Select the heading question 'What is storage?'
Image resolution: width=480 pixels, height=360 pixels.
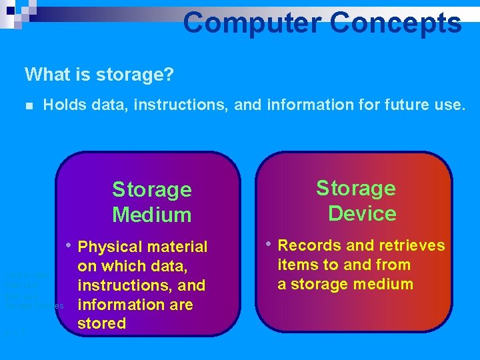pyautogui.click(x=99, y=74)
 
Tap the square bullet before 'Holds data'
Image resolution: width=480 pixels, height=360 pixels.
pyautogui.click(x=28, y=105)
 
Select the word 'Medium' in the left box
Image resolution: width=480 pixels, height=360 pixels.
pyautogui.click(x=152, y=215)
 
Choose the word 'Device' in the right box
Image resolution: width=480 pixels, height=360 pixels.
pyautogui.click(x=362, y=213)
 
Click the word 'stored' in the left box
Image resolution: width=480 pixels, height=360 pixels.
pyautogui.click(x=101, y=323)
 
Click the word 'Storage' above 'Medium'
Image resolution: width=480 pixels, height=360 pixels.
pyautogui.click(x=152, y=190)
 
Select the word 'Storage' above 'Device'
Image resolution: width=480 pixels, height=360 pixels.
pyautogui.click(x=356, y=189)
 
